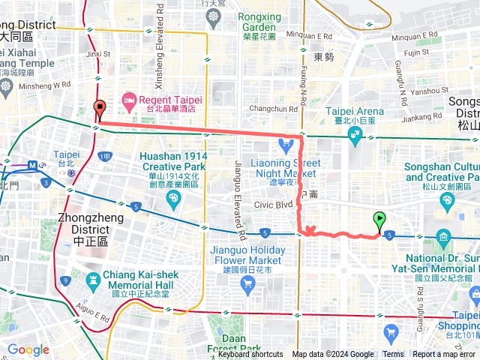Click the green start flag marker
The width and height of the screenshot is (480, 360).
click(379, 221)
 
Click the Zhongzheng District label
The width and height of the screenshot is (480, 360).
click(83, 229)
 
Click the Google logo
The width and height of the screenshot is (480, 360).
click(28, 349)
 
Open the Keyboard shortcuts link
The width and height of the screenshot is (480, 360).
click(250, 355)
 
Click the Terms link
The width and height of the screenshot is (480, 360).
click(393, 355)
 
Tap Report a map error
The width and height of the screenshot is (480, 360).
click(444, 355)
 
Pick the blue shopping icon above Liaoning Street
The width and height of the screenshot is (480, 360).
click(284, 144)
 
